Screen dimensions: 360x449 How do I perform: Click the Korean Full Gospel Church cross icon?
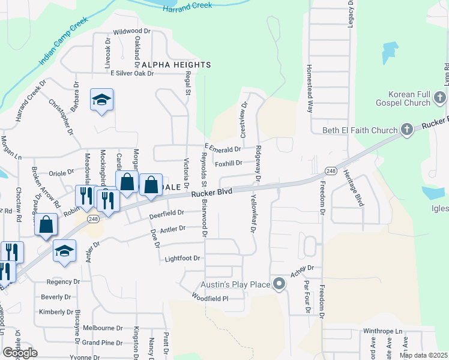(440, 97)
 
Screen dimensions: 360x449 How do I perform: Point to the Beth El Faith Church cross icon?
(407, 130)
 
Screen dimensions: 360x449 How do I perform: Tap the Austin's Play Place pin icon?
(279, 284)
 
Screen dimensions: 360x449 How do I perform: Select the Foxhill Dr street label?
(228, 163)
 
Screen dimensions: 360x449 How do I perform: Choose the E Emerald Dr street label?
(223, 148)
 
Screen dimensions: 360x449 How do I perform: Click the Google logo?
(20, 353)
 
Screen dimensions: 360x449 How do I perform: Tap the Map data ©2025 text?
(423, 355)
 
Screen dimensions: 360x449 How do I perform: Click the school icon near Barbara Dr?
(101, 100)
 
